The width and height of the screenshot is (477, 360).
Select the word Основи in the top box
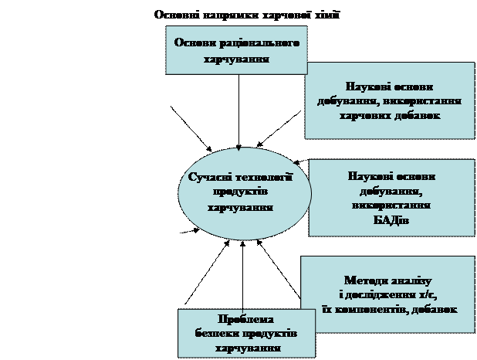(x=195, y=43)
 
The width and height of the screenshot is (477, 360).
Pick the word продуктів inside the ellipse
(x=239, y=192)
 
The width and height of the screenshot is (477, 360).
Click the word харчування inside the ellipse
(x=239, y=207)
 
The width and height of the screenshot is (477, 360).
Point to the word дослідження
(x=386, y=294)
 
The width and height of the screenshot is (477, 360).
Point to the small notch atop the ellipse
(x=239, y=150)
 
